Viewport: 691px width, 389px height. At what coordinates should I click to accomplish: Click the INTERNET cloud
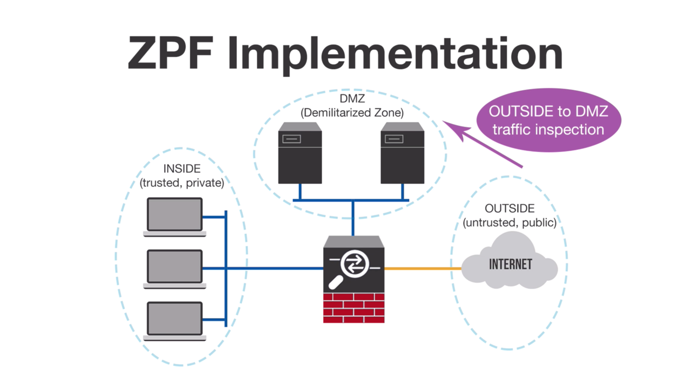click(x=510, y=263)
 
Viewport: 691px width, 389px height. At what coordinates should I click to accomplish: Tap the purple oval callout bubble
click(x=548, y=120)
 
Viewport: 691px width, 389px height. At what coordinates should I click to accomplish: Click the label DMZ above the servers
click(x=351, y=99)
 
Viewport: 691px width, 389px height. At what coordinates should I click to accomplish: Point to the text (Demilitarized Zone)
click(x=351, y=113)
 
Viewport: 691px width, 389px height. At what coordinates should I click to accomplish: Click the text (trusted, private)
click(x=181, y=183)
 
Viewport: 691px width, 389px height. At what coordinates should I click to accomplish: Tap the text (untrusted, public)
click(x=510, y=222)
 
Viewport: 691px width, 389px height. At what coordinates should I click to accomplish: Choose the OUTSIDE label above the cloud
click(x=510, y=209)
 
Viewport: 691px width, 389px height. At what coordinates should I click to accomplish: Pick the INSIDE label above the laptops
click(x=181, y=169)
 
